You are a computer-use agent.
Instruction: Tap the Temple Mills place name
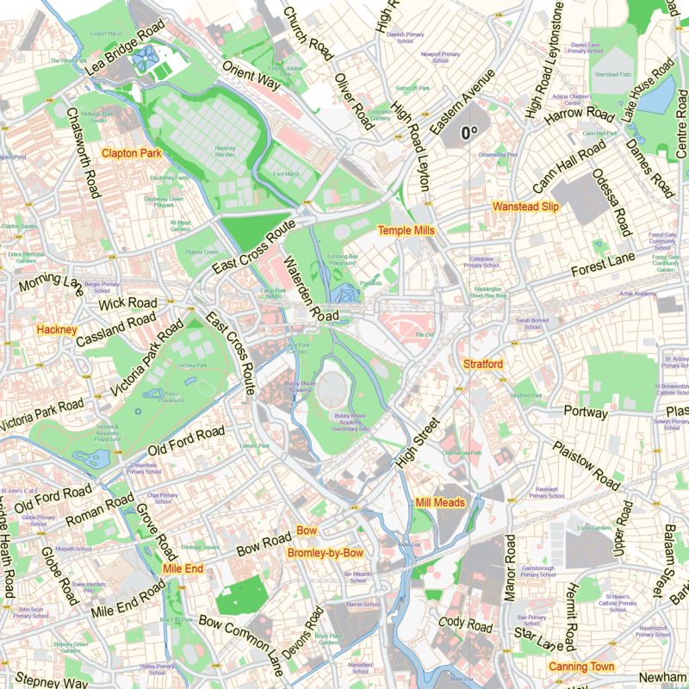(x=407, y=231)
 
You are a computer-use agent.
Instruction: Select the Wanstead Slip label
(x=525, y=208)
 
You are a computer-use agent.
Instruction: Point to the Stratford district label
(x=482, y=364)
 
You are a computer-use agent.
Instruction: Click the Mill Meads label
(x=439, y=503)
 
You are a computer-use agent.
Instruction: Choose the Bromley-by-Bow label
(x=326, y=553)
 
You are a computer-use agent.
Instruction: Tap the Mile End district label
(x=183, y=569)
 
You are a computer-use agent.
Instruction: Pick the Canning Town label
(x=581, y=667)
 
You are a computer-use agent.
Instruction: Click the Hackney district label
(x=57, y=330)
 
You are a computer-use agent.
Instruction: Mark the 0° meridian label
(x=469, y=133)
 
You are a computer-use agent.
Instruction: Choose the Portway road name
(x=586, y=413)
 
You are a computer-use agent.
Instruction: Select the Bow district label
(x=307, y=531)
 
